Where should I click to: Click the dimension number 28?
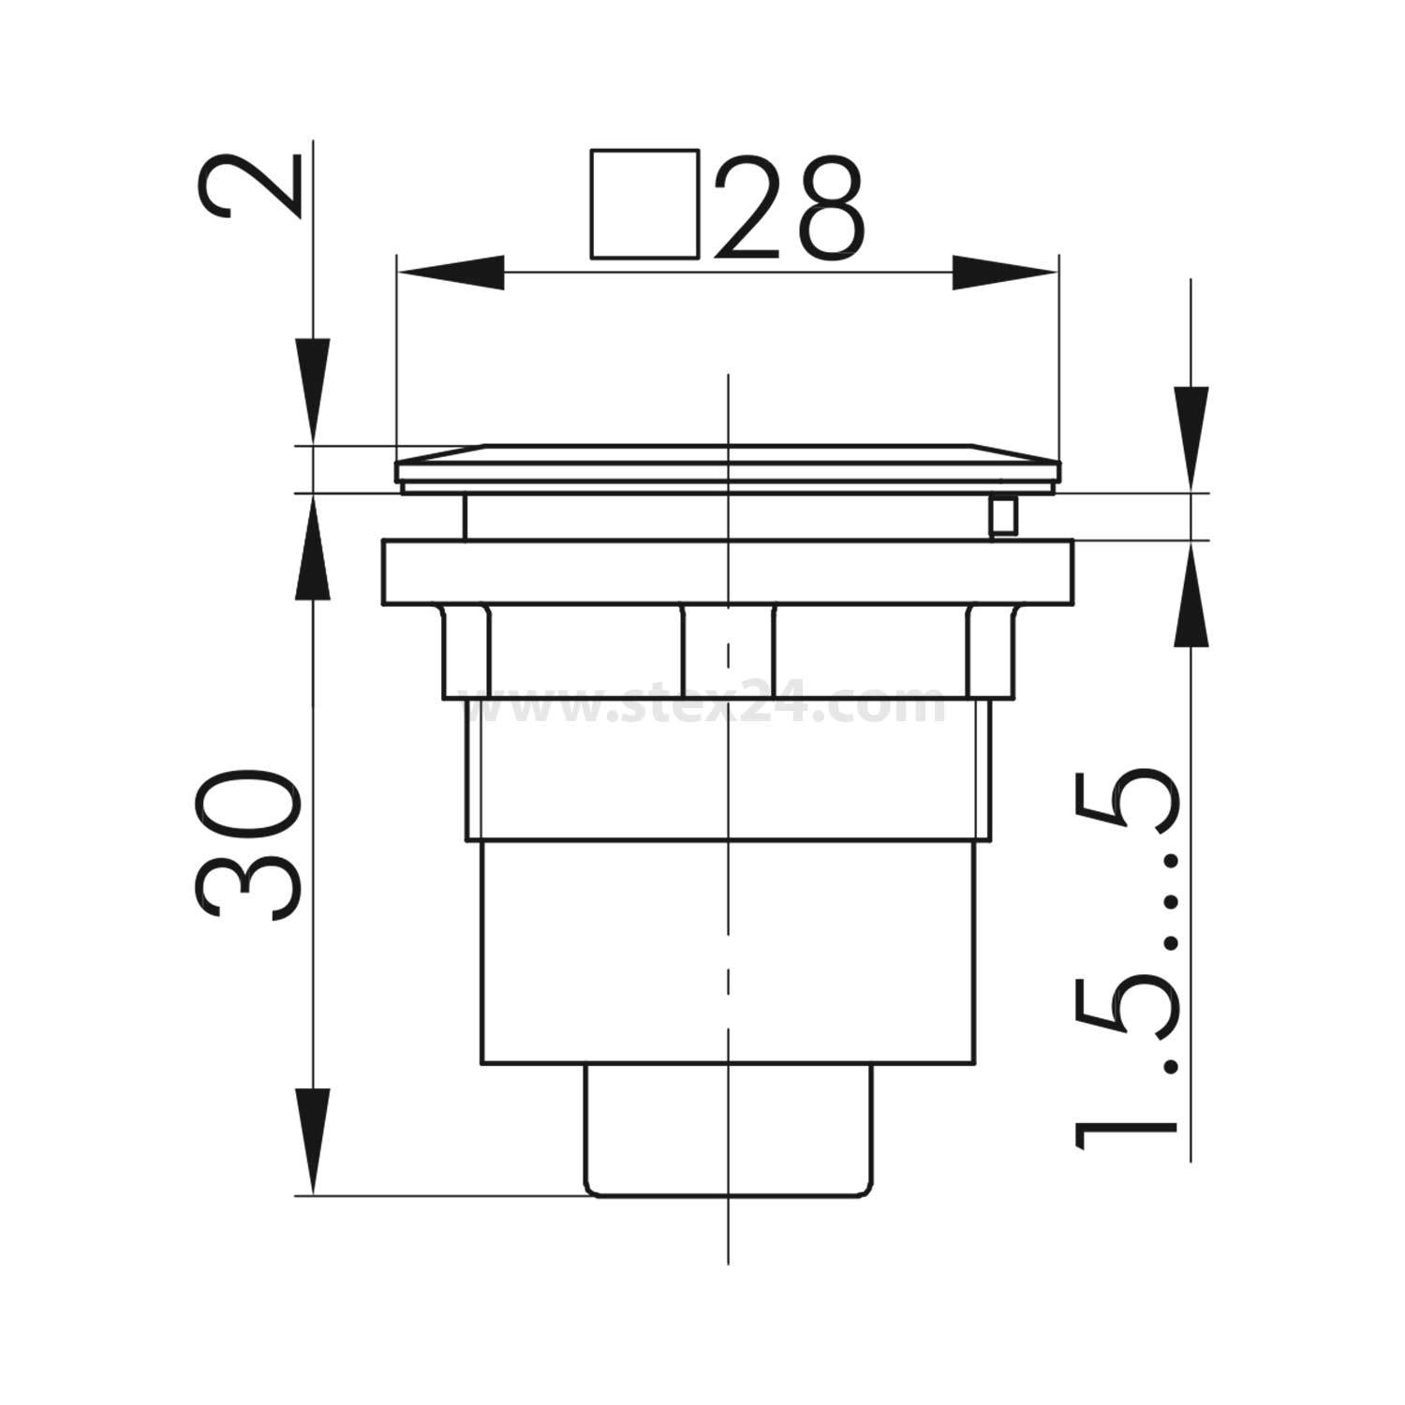click(789, 210)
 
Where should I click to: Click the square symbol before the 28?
click(645, 203)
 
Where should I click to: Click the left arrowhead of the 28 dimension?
click(450, 274)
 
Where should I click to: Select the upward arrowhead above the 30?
click(314, 548)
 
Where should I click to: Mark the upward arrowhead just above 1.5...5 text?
click(1191, 595)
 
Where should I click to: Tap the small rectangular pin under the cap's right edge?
click(1003, 515)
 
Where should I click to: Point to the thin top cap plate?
click(728, 466)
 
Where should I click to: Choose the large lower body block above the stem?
click(728, 951)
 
